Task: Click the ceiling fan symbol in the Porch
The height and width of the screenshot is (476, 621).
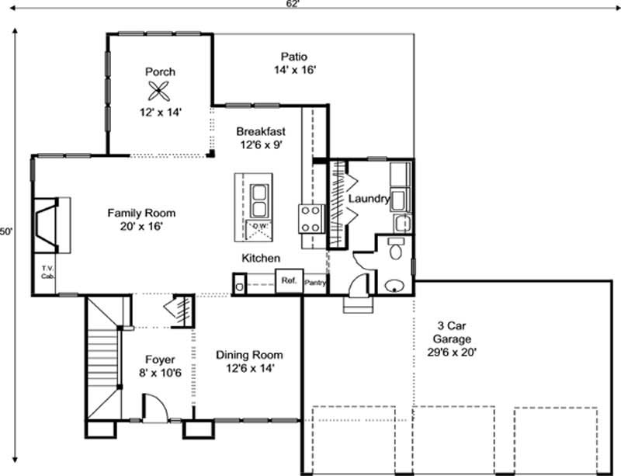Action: click(161, 92)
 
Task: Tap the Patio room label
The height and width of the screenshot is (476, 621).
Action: click(294, 57)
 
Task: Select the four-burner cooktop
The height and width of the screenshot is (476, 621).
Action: click(311, 217)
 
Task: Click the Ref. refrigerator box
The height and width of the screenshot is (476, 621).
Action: click(289, 280)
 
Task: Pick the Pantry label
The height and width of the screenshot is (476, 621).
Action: click(315, 283)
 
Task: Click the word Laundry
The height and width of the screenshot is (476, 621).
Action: click(368, 199)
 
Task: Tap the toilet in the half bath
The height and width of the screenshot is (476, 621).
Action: click(395, 248)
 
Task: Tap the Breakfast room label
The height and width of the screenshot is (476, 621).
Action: click(261, 131)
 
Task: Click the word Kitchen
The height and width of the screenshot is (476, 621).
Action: click(261, 258)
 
